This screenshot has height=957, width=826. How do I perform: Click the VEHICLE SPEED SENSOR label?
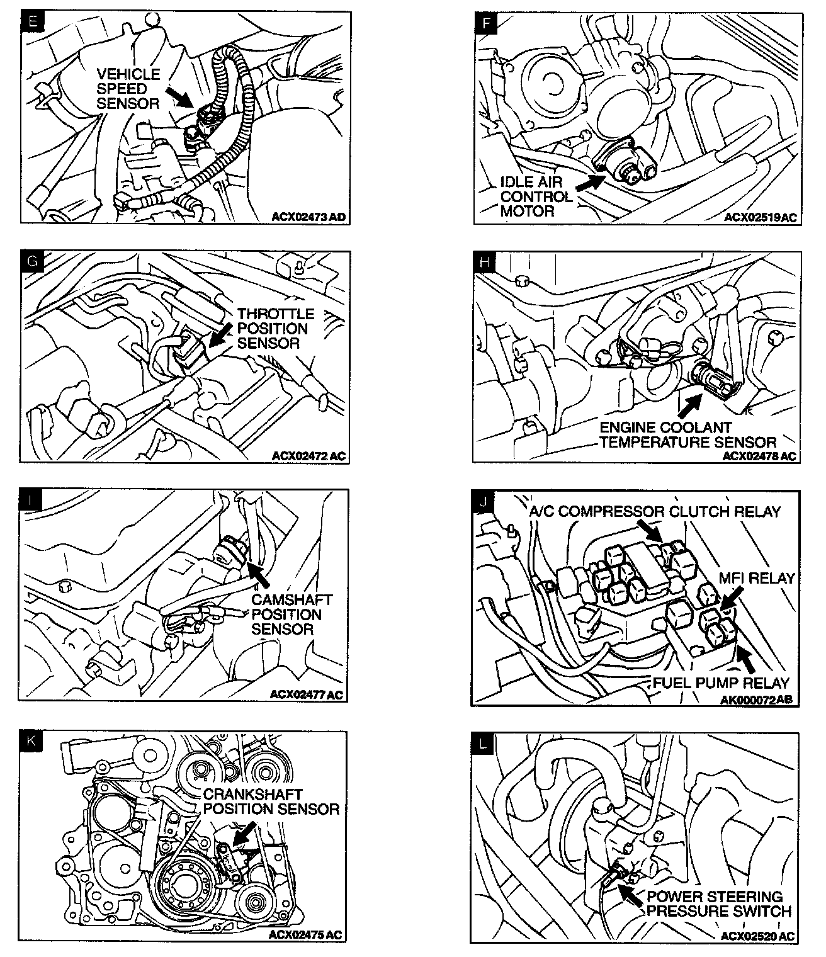coord(128,89)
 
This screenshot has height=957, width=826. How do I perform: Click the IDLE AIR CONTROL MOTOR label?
coord(536,196)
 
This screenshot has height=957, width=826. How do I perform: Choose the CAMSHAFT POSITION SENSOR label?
coord(290,614)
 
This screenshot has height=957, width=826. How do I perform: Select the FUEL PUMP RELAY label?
coord(720,682)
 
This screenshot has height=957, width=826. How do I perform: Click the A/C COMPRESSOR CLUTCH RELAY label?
coord(655,511)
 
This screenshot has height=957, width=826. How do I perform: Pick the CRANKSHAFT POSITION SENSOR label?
coord(271,801)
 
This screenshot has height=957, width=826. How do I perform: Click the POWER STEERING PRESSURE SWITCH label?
coord(718,903)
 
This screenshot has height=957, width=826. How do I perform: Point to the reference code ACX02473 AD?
coord(308,218)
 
